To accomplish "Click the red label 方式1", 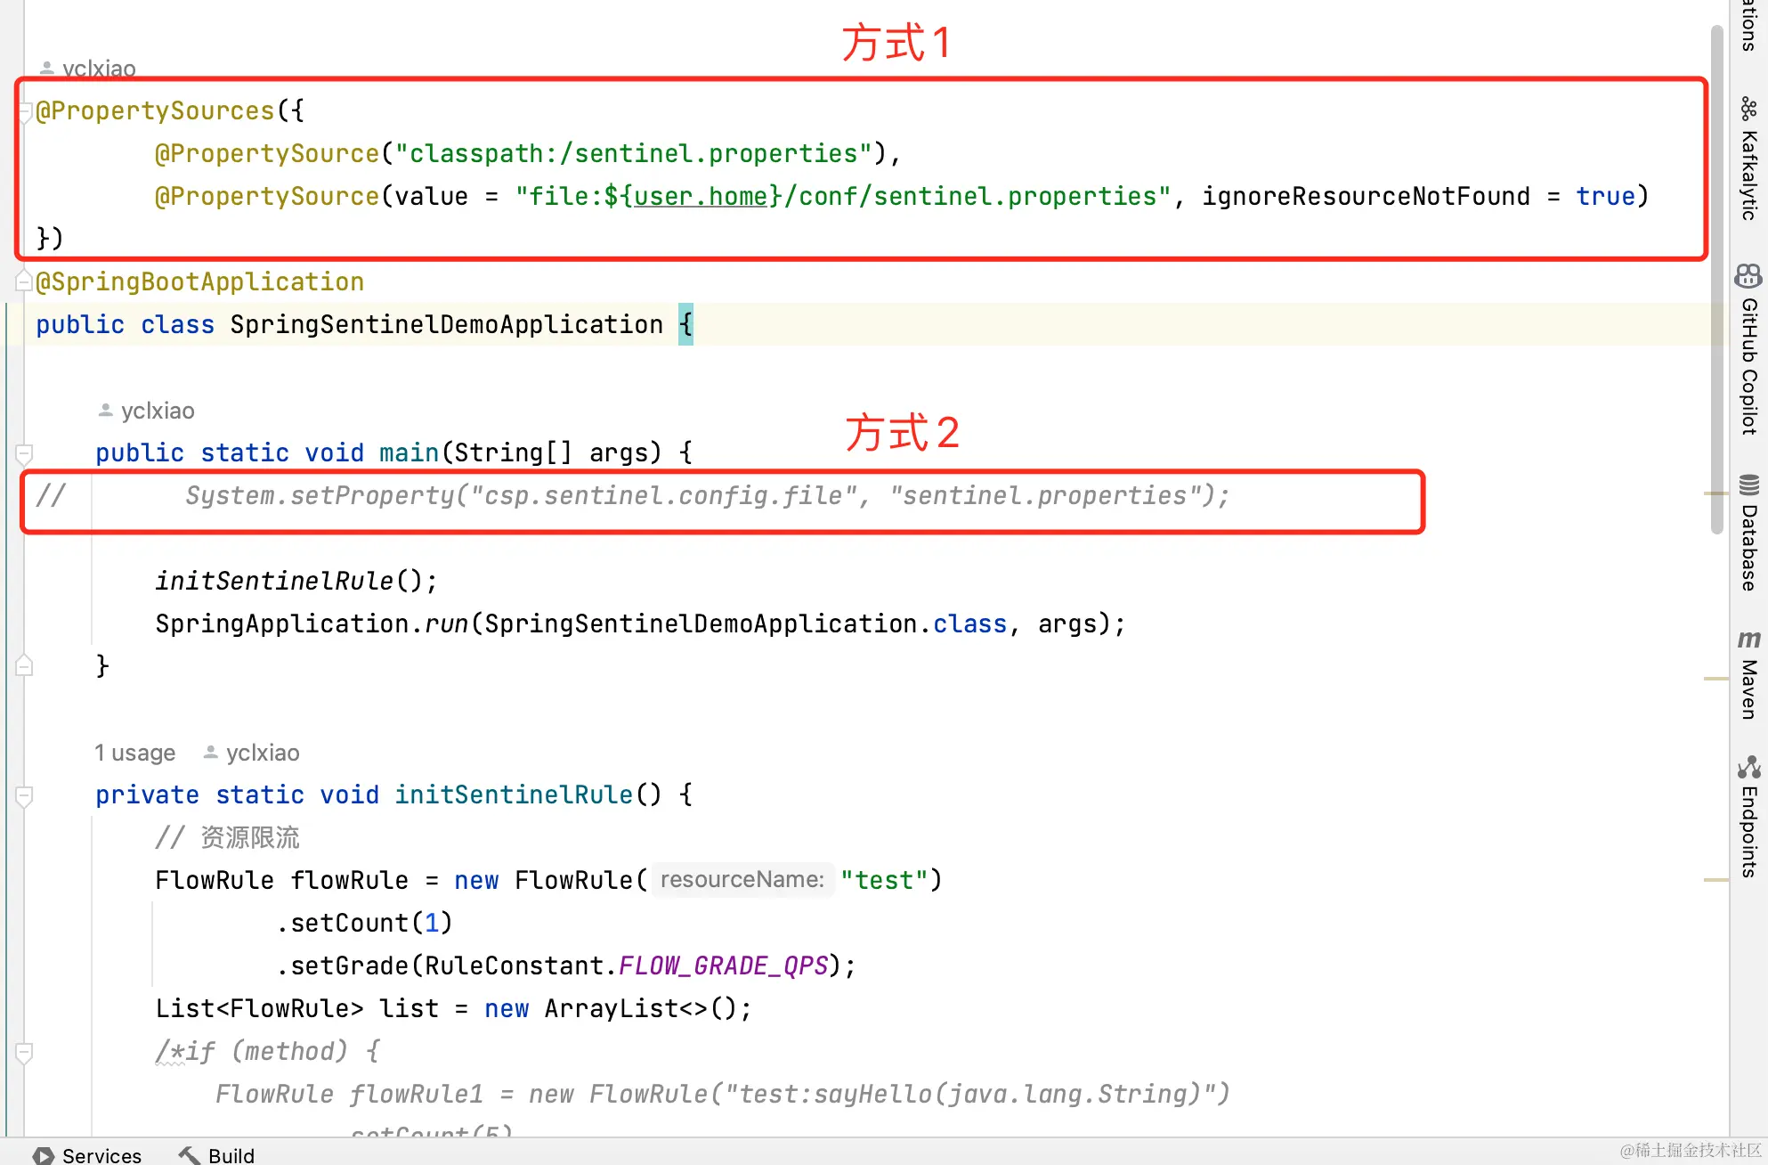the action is click(896, 43).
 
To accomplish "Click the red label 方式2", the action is click(901, 433).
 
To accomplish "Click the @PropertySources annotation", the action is click(155, 110).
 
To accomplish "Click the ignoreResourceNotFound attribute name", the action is click(1366, 196).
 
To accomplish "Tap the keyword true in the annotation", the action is click(1605, 196).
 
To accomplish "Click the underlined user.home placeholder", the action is click(701, 196).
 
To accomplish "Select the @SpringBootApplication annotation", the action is click(200, 281).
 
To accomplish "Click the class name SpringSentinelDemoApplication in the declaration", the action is click(446, 324).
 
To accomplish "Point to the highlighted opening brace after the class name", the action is click(685, 324).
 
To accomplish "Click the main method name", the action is click(409, 452).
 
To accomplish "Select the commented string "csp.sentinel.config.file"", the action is click(663, 495).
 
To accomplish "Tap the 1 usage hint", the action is click(135, 753).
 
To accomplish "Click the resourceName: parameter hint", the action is click(742, 880).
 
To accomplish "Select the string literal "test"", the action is click(884, 880).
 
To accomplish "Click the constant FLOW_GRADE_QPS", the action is click(723, 965).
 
